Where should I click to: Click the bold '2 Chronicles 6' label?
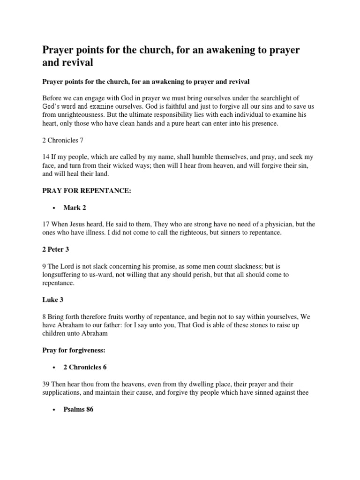[88, 367]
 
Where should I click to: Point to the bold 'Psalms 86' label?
[78, 409]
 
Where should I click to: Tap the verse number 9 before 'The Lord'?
[44, 266]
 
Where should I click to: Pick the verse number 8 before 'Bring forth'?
[44, 317]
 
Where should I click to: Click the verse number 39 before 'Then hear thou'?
[46, 384]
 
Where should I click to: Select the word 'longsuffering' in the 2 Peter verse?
[63, 274]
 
